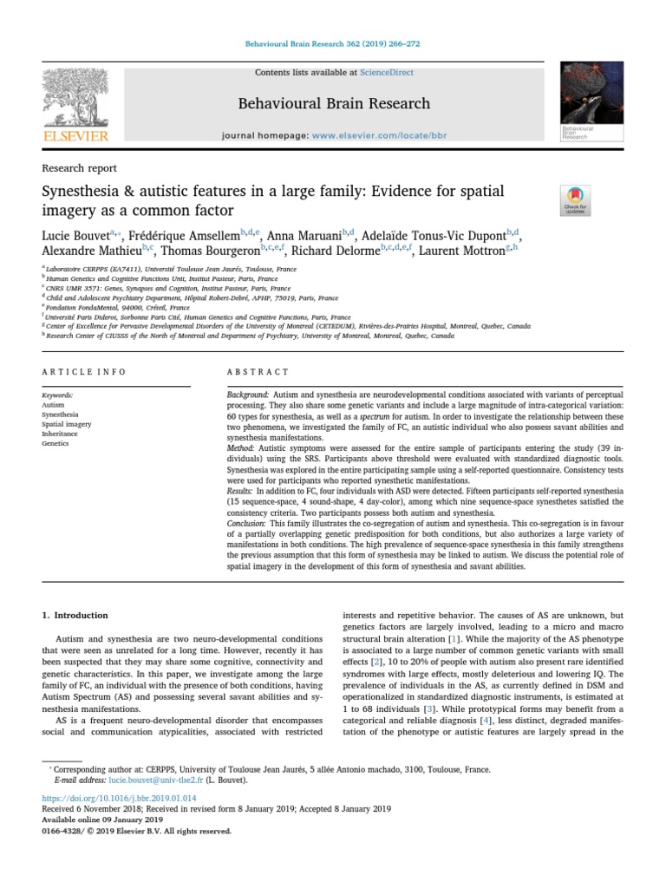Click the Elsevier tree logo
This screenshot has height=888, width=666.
point(75,105)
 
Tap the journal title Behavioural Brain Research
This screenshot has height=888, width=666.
point(334,103)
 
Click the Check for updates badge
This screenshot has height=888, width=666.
point(576,199)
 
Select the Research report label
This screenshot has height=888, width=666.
point(80,168)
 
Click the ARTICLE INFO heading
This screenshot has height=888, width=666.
point(84,372)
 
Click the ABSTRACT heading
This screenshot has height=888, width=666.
point(258,372)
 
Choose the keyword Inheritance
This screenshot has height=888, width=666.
point(59,434)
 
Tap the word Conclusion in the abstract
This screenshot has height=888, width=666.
point(246,524)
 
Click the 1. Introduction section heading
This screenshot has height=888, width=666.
point(75,615)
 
